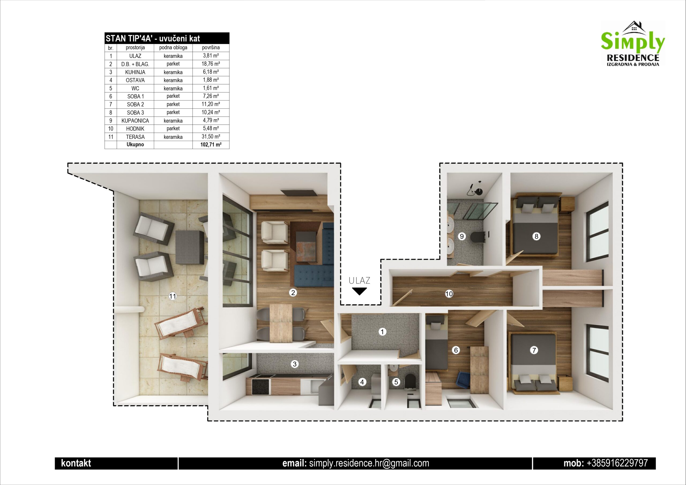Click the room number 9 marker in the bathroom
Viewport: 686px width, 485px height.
[462, 236]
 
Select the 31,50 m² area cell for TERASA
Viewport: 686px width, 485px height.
[211, 137]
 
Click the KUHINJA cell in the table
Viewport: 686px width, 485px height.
[135, 72]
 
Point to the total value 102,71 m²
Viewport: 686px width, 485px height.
[211, 145]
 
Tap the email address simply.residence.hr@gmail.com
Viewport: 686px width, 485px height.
[369, 463]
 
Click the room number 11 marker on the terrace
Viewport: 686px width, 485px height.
[173, 296]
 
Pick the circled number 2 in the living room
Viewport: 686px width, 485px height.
[293, 293]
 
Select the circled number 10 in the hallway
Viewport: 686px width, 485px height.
[449, 294]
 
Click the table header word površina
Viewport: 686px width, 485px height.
[211, 47]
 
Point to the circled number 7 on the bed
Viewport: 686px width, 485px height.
[534, 350]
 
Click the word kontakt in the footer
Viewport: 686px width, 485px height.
[76, 463]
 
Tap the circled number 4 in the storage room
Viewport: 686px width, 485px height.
[362, 382]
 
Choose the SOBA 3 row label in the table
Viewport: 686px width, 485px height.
[135, 112]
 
